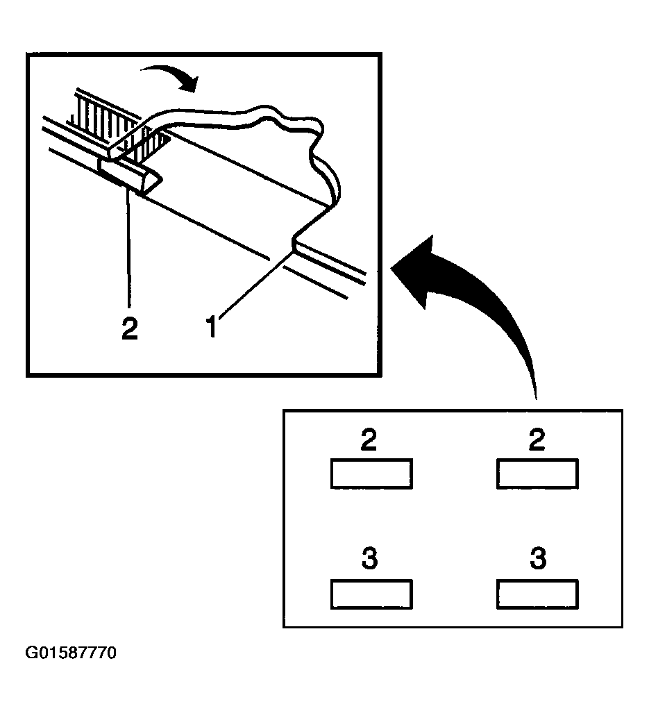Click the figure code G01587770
(71, 653)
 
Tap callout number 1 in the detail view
(212, 326)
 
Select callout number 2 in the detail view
(130, 328)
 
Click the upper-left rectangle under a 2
(371, 474)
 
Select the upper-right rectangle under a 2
(537, 474)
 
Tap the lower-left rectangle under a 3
(371, 594)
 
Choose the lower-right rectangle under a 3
(537, 594)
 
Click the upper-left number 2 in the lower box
(369, 440)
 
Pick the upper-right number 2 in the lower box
(537, 440)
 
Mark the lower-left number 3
(370, 558)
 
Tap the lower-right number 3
(538, 558)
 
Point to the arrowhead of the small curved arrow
(190, 84)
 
